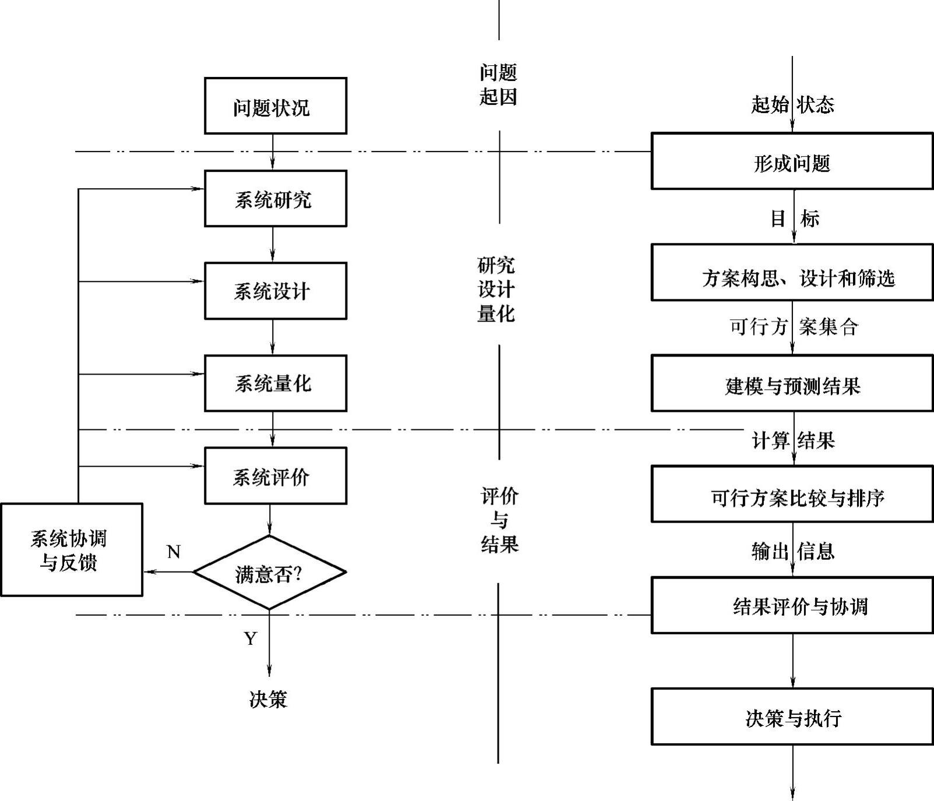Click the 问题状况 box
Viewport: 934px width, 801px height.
(275, 106)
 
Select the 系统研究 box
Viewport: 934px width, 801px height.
(275, 199)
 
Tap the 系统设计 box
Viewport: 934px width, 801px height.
(275, 291)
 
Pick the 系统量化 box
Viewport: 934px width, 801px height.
(275, 383)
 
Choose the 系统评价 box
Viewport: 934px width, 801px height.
(275, 476)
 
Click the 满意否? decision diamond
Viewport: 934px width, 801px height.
(269, 573)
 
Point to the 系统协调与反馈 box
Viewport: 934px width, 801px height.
(71, 550)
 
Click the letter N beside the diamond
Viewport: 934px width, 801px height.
(174, 552)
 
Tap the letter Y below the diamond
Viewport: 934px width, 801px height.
(251, 639)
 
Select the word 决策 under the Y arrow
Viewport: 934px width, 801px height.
(268, 699)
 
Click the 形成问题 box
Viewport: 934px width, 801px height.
(792, 161)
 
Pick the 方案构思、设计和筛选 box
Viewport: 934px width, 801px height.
(792, 273)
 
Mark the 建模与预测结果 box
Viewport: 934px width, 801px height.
(792, 383)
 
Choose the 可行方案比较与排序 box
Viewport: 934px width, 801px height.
(792, 494)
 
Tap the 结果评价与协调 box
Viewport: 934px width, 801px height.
(792, 605)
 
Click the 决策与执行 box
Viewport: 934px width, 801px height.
(792, 717)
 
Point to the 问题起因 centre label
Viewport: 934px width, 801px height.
(498, 85)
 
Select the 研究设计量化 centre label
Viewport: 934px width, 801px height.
(496, 290)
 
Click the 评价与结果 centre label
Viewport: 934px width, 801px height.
(499, 520)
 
